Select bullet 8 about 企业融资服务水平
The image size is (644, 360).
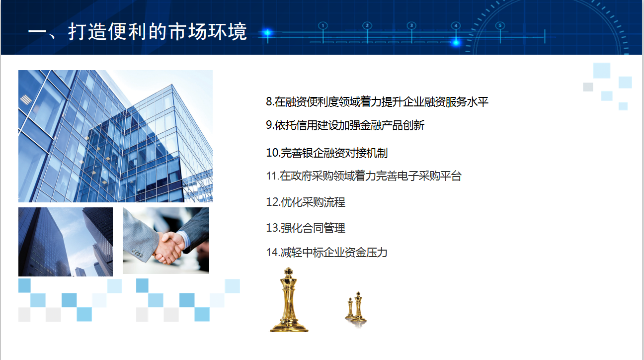point(377,102)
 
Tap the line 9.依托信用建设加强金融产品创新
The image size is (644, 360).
point(345,125)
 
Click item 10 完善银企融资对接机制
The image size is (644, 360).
point(326,153)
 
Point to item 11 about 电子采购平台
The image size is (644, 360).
point(364,176)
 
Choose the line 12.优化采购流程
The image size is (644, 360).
point(305,202)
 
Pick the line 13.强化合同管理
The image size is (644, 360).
point(305,228)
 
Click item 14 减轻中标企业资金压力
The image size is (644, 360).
point(326,253)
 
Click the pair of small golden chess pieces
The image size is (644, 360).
point(355,307)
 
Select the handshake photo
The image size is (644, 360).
point(166,240)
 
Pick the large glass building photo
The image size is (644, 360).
point(115,136)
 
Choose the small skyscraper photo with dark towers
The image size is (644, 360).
point(66,242)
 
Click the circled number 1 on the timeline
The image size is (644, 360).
point(323,26)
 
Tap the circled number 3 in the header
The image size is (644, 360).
point(411,26)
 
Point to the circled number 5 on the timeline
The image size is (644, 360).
point(500,26)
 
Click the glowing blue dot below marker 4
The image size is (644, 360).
point(456,43)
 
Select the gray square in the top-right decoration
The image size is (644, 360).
point(588,87)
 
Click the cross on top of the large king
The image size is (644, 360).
point(288,271)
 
